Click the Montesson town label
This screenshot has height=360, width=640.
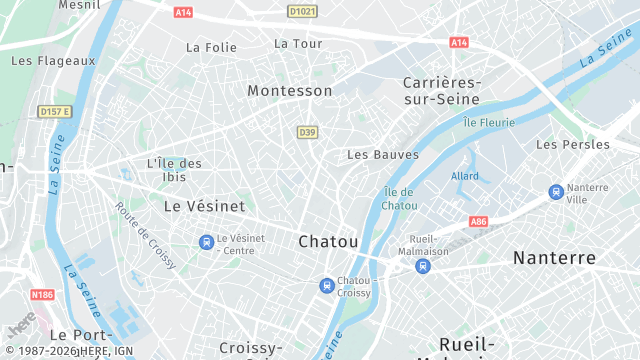(290, 90)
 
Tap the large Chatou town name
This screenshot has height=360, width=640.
(328, 241)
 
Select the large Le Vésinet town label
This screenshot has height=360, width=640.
(204, 205)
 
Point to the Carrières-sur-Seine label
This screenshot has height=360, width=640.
(441, 90)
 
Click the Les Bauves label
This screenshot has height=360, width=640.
(383, 155)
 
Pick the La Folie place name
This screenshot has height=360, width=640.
(211, 47)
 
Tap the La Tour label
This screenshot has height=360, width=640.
(298, 44)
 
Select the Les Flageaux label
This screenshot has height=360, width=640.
(53, 60)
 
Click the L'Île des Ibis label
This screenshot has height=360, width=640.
(174, 170)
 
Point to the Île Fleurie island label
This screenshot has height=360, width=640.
(489, 123)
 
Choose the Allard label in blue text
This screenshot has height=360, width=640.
(465, 176)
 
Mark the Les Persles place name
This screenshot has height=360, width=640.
(573, 145)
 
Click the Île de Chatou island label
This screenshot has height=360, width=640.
(399, 198)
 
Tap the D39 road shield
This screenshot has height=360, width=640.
(307, 132)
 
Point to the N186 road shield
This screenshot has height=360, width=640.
(42, 294)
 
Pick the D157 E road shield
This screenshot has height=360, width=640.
(56, 110)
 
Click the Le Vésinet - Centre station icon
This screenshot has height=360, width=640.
(206, 242)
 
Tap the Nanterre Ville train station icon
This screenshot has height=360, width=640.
(555, 192)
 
